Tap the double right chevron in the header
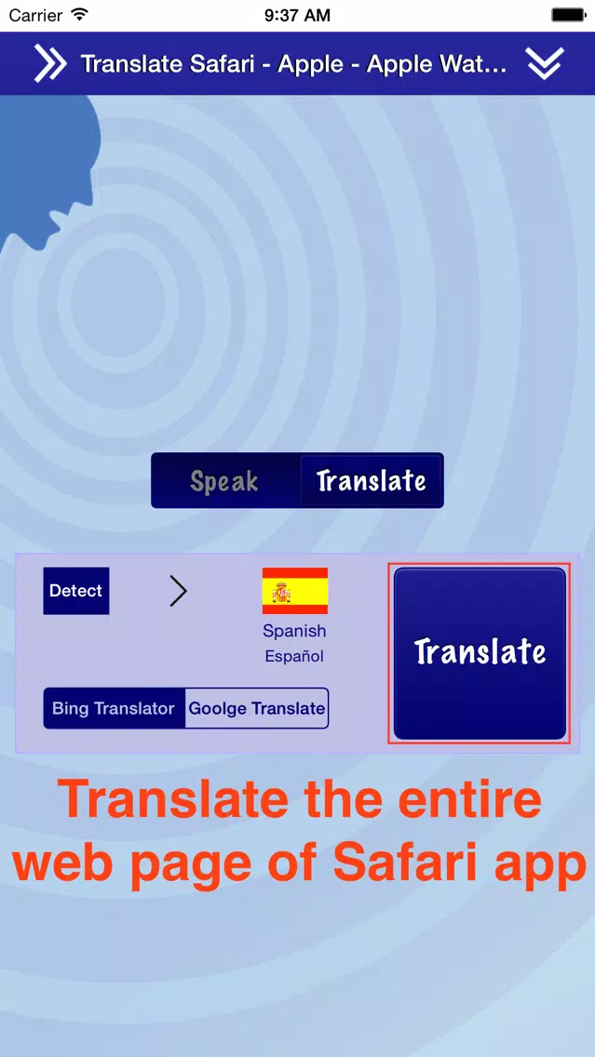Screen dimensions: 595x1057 50,64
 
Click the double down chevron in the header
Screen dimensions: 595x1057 545,64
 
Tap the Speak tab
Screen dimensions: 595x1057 224,481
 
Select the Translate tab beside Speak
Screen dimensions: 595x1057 371,481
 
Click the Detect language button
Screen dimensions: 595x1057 76,591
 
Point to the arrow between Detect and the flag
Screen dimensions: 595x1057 178,591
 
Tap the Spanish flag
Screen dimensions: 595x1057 295,591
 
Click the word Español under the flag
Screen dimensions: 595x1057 294,656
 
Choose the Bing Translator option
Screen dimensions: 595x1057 114,708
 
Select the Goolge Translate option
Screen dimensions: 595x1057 256,708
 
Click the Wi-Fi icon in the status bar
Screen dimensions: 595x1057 79,14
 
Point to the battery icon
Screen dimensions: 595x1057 568,14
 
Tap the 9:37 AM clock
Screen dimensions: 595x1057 298,15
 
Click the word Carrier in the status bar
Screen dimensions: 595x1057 35,15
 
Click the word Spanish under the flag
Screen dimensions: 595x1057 295,631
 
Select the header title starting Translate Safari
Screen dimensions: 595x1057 294,64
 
